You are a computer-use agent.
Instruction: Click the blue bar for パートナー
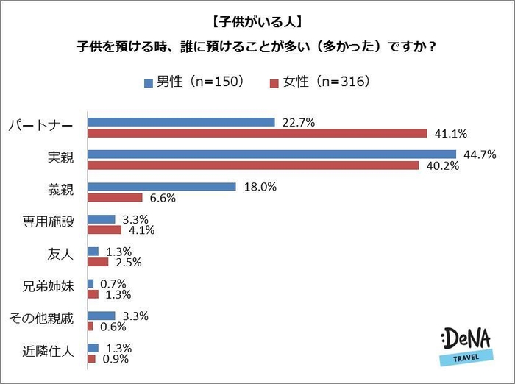pyautogui.click(x=181, y=122)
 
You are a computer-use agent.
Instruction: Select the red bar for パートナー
pyautogui.click(x=257, y=133)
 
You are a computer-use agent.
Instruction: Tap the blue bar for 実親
pyautogui.click(x=273, y=154)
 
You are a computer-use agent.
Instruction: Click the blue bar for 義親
pyautogui.click(x=162, y=187)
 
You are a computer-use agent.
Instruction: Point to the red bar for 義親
pyautogui.click(x=115, y=198)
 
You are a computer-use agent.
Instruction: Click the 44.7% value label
pyautogui.click(x=479, y=154)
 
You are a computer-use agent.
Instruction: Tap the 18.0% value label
pyautogui.click(x=260, y=187)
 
